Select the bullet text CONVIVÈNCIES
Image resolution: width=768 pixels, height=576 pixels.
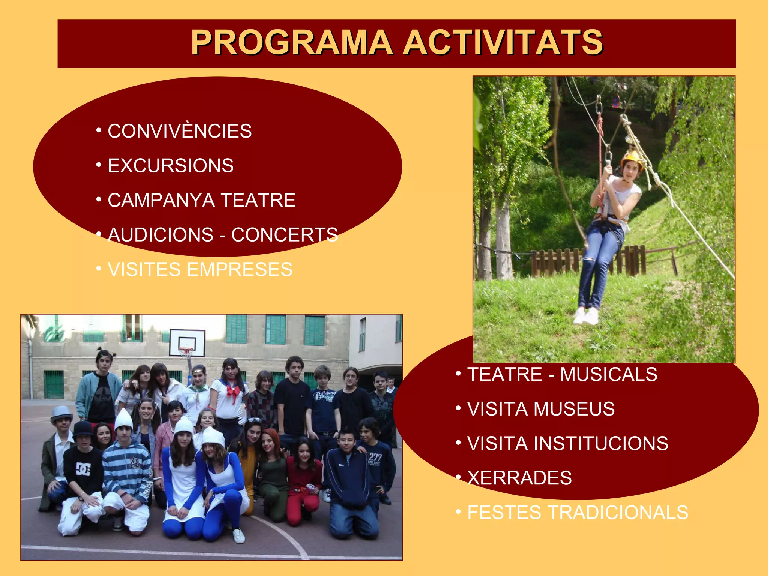180,131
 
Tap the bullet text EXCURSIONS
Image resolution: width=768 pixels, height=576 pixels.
171,166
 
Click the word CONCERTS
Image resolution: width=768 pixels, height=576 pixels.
285,235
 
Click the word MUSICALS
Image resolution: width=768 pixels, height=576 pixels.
608,374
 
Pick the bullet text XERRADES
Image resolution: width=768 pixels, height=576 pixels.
519,478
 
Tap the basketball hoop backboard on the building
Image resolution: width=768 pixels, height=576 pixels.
187,342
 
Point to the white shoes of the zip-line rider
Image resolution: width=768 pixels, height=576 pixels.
586,316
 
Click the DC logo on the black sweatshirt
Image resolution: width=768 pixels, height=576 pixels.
83,469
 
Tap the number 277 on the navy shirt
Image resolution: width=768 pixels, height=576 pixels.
375,457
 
